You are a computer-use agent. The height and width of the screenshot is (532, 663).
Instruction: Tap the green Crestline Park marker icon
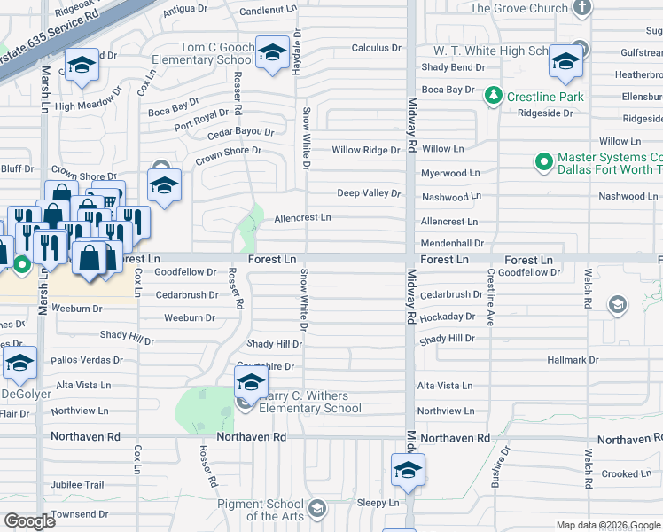coord(495,95)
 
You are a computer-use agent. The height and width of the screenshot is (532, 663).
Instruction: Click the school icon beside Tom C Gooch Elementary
coord(272,52)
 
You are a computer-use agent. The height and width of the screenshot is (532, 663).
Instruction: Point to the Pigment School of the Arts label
coord(261,510)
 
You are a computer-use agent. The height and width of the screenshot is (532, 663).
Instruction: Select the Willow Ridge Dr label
coord(366,151)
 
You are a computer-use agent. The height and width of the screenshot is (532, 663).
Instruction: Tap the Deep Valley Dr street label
coord(369,193)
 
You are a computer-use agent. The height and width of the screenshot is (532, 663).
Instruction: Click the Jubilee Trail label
coord(77,485)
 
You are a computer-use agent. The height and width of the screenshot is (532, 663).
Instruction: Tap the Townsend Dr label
coord(79,514)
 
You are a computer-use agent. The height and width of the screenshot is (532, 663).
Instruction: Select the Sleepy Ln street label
coord(378,502)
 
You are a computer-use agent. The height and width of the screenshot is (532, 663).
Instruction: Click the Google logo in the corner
coord(29,521)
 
